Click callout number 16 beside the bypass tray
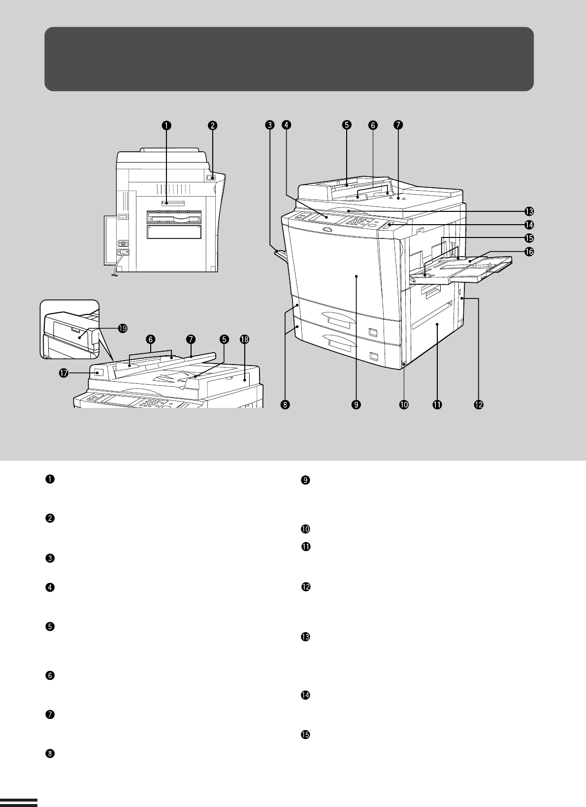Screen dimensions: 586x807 [x=529, y=251]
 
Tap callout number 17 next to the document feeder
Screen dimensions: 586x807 [x=64, y=373]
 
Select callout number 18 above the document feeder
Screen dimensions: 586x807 [x=245, y=339]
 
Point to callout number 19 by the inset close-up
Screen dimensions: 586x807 [x=123, y=328]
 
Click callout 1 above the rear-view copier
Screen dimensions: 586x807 [x=166, y=125]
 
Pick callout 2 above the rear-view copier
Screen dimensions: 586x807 [x=213, y=125]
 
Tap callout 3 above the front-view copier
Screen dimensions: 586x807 [x=270, y=125]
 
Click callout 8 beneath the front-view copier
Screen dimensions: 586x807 [x=285, y=404]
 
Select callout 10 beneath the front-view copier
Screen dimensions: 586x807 [x=404, y=404]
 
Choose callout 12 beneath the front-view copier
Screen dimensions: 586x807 [x=479, y=404]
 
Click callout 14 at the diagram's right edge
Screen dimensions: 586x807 [x=529, y=225]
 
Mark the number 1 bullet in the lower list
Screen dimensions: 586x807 [x=50, y=479]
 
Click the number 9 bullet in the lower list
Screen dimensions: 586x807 [x=305, y=480]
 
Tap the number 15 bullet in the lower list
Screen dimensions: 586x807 [x=305, y=735]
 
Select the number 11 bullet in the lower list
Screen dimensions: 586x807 [x=306, y=546]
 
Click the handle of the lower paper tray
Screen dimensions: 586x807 [x=339, y=342]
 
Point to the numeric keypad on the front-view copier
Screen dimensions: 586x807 [x=358, y=222]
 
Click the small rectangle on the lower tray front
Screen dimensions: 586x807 [x=373, y=357]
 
